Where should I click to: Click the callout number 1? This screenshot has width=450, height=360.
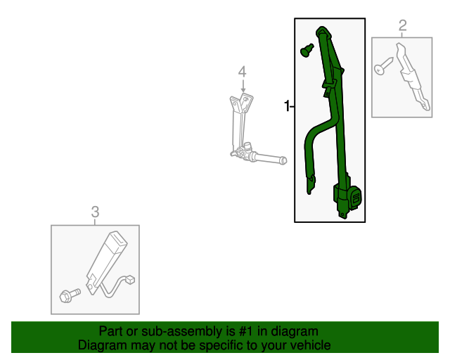tap(287, 106)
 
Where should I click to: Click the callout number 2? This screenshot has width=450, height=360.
tap(403, 27)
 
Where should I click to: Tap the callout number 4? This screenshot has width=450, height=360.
tap(242, 71)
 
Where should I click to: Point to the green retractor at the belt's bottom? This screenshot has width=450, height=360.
tap(348, 199)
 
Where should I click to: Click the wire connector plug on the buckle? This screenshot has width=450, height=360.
tap(131, 281)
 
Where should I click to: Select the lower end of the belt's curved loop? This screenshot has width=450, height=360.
tap(309, 184)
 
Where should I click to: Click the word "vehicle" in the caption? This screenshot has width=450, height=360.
tap(310, 345)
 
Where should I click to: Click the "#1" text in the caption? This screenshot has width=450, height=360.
tap(229, 331)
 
